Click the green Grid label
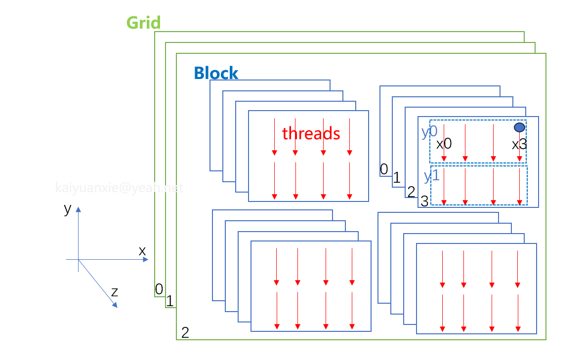click(x=143, y=23)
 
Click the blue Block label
click(x=216, y=73)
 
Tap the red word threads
click(x=311, y=133)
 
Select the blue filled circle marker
click(x=519, y=127)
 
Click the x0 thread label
click(x=444, y=144)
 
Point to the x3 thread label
click(x=519, y=145)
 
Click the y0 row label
click(x=429, y=132)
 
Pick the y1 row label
click(x=431, y=176)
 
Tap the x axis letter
click(x=142, y=251)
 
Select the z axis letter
click(x=114, y=292)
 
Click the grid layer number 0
click(x=159, y=289)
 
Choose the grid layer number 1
click(x=169, y=301)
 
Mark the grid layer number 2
click(x=185, y=332)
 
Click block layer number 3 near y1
click(x=424, y=201)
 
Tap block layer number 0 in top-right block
click(x=383, y=169)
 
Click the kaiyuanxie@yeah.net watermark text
click(x=119, y=188)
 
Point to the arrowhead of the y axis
click(x=78, y=209)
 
